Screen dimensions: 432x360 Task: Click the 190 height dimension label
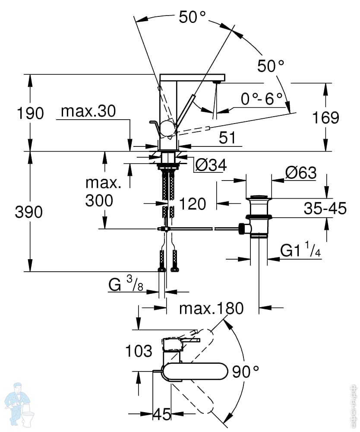[30, 113]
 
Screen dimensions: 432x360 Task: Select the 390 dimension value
[30, 212]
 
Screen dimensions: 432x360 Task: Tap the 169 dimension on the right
[326, 118]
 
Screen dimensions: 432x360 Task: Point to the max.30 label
[88, 111]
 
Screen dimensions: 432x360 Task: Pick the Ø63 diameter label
[300, 173]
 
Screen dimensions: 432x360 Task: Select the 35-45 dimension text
[325, 209]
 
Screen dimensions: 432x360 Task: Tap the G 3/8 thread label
[126, 285]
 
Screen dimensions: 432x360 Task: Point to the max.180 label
[212, 308]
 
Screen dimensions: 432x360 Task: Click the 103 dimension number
[139, 351]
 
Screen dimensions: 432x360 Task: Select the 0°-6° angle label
[262, 99]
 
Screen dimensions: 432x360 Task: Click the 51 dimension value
[227, 138]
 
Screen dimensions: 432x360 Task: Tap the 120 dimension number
[192, 203]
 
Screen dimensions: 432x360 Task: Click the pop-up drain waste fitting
[258, 216]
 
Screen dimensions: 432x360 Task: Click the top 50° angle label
[192, 17]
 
